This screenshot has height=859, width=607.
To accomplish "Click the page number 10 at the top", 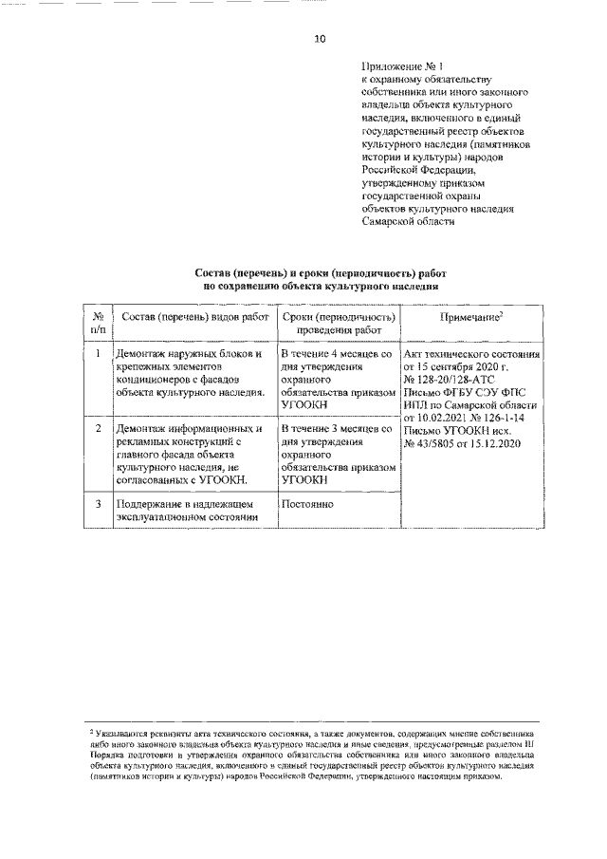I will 320,39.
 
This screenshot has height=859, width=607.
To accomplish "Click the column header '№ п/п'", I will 98,322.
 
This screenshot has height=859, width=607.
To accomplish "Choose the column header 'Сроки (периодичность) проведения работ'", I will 339,322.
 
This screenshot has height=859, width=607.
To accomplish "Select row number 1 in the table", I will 98,354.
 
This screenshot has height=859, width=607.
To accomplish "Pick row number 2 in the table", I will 98,429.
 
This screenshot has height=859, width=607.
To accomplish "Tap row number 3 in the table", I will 98,503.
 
